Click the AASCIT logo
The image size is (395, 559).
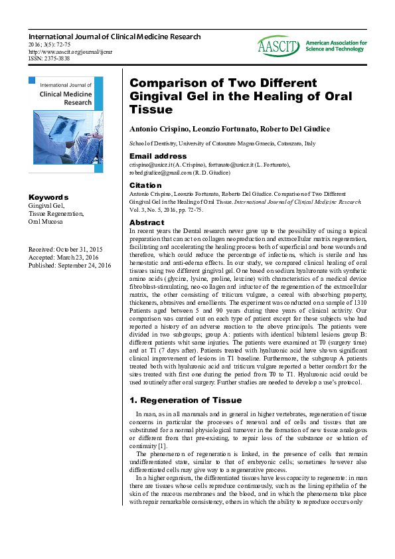279,45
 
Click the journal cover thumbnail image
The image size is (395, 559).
66,125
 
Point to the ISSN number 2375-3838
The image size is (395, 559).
50,58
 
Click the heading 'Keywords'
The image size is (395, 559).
48,197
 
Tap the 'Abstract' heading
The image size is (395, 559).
147,222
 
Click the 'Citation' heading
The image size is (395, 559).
145,185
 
